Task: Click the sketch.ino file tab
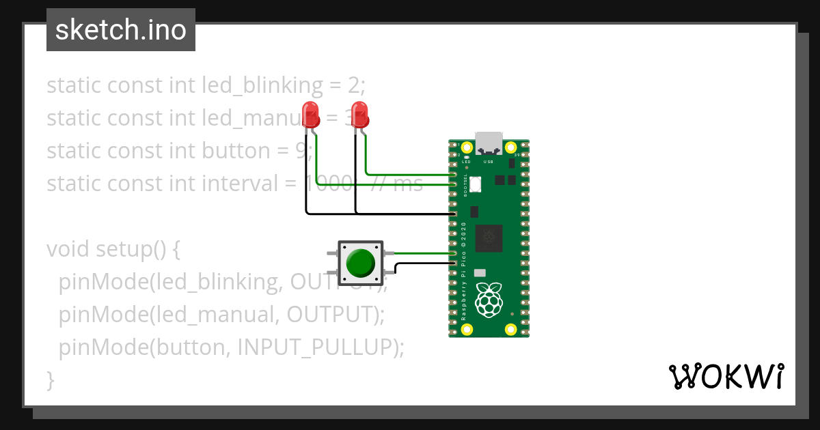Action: (x=121, y=30)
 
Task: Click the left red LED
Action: (x=310, y=114)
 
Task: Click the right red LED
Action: (x=359, y=114)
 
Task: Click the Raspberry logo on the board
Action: (x=489, y=301)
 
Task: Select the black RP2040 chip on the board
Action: (x=489, y=238)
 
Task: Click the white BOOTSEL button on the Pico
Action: (x=476, y=184)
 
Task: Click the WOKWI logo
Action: (x=725, y=376)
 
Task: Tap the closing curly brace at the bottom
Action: (x=50, y=379)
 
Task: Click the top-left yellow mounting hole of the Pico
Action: (x=467, y=147)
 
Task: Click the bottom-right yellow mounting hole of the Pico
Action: (x=510, y=330)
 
